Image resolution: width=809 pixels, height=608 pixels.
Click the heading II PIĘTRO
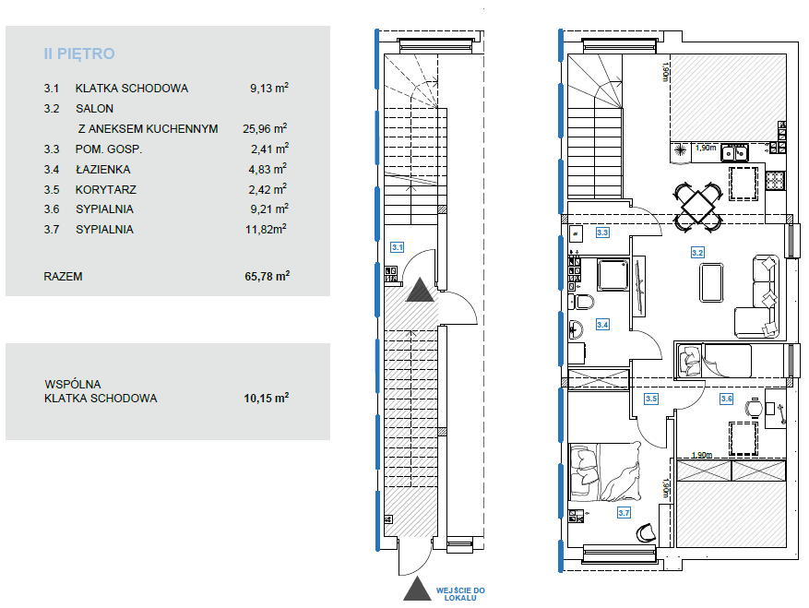(x=79, y=54)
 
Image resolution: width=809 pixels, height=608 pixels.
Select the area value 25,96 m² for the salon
(x=265, y=128)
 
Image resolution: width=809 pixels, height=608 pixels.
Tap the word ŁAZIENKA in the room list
(x=102, y=169)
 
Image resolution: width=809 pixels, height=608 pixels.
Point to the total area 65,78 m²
(x=267, y=276)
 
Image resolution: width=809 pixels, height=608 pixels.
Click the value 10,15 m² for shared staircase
(x=267, y=398)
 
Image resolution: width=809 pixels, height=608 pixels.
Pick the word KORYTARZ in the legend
(x=106, y=189)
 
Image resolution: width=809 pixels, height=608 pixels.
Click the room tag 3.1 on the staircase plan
(x=397, y=247)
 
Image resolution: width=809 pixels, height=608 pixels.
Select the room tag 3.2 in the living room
(x=697, y=253)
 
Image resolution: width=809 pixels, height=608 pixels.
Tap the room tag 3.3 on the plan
(x=602, y=232)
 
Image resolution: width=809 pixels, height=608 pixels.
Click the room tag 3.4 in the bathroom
(x=602, y=324)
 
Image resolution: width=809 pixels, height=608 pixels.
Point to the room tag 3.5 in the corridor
(x=651, y=399)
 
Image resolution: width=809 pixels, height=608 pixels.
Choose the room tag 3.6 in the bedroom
(x=727, y=399)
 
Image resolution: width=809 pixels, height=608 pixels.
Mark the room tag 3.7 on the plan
(x=624, y=513)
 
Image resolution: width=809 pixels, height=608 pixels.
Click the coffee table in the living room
(x=711, y=282)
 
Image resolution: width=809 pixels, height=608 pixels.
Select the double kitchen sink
(x=734, y=153)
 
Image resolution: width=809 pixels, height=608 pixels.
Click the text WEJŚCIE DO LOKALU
(x=460, y=594)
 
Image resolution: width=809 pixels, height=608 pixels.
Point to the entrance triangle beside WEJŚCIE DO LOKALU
(x=417, y=589)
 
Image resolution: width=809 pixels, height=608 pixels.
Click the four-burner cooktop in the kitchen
(x=775, y=180)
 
